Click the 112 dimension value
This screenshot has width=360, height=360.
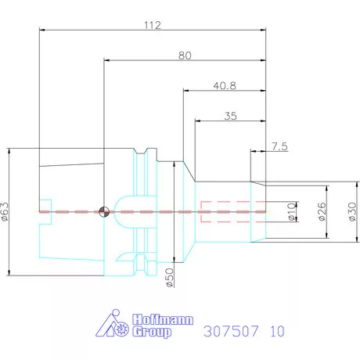pos(152,25)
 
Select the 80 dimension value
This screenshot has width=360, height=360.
pos(185,55)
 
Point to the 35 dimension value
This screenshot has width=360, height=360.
pos(230,116)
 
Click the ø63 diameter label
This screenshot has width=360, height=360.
pos(7,211)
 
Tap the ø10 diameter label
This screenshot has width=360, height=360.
pos(291,211)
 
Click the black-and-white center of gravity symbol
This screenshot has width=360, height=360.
pos(104,211)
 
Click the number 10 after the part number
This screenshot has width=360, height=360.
pos(276,330)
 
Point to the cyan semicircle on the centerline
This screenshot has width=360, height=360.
pos(125,205)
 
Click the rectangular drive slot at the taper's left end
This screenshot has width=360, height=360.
pos(45,211)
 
